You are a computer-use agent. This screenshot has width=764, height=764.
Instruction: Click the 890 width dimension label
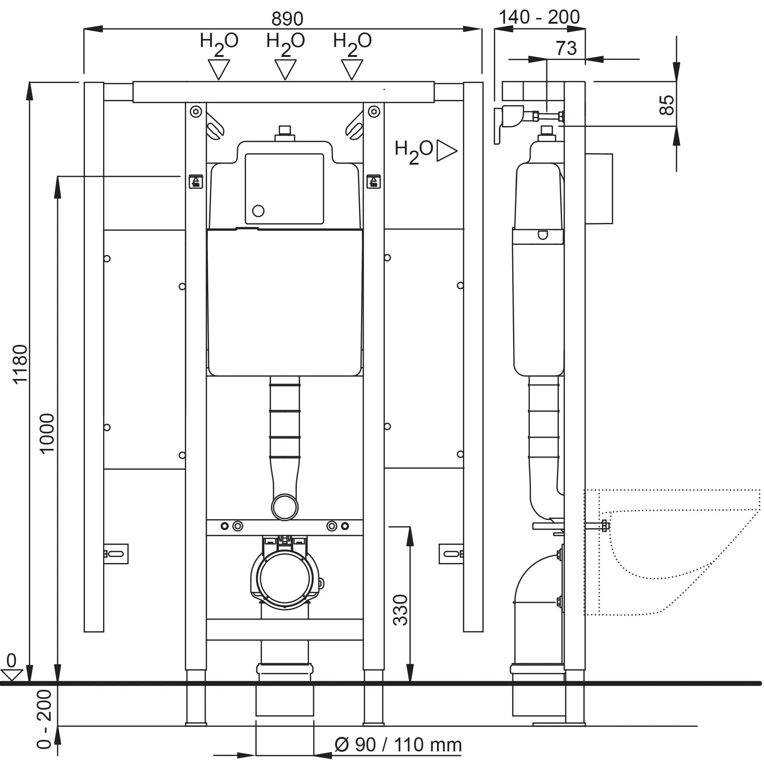coord(287,19)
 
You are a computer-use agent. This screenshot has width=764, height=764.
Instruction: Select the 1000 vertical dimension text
coord(47,433)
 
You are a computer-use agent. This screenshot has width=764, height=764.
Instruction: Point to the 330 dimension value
coord(400,610)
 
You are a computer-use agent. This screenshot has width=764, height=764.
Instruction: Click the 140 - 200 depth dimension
coord(539,18)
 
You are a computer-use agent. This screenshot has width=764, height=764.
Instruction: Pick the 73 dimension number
coord(566,48)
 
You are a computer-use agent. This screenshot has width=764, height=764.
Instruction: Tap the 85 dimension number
coord(667,105)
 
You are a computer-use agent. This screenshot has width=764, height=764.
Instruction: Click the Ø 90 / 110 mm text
coord(398,745)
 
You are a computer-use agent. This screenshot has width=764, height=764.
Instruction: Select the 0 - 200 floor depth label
coord(44,719)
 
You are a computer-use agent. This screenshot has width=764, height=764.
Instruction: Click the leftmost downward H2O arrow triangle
coord(219,68)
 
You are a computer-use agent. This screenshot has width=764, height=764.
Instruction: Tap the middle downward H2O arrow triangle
coord(285,68)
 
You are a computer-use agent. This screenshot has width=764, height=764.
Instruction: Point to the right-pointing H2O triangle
coord(446,150)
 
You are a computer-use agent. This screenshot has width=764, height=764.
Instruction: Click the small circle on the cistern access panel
coord(258,211)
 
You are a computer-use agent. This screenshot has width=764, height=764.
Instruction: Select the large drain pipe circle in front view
coord(285,578)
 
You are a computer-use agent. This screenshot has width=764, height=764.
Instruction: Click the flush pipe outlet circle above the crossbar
coord(285,507)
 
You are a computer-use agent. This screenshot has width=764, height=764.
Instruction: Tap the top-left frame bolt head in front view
coord(196,112)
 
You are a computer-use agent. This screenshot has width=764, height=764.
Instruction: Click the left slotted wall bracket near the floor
coord(116,554)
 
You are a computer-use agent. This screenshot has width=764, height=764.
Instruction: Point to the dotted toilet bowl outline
coord(672,554)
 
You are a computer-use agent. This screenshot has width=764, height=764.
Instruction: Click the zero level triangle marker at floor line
coord(11,675)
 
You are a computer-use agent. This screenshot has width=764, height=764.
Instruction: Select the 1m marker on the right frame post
coord(373,181)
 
